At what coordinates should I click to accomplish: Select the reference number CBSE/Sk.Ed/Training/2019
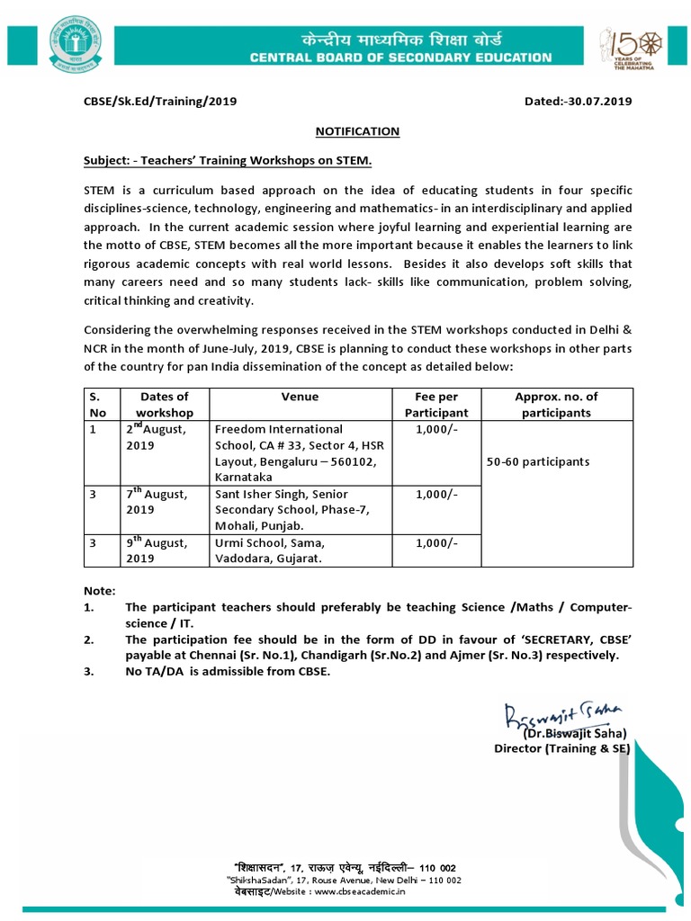(160, 102)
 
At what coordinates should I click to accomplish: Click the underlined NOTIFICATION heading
(357, 131)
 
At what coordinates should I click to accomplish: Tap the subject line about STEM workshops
(228, 161)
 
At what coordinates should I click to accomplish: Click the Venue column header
(300, 397)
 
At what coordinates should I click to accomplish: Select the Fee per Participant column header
(436, 405)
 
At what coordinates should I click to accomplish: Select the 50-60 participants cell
(538, 461)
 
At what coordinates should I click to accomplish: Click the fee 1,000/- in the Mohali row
(436, 495)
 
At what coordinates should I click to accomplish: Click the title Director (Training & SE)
(561, 748)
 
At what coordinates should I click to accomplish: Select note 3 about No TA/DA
(228, 671)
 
